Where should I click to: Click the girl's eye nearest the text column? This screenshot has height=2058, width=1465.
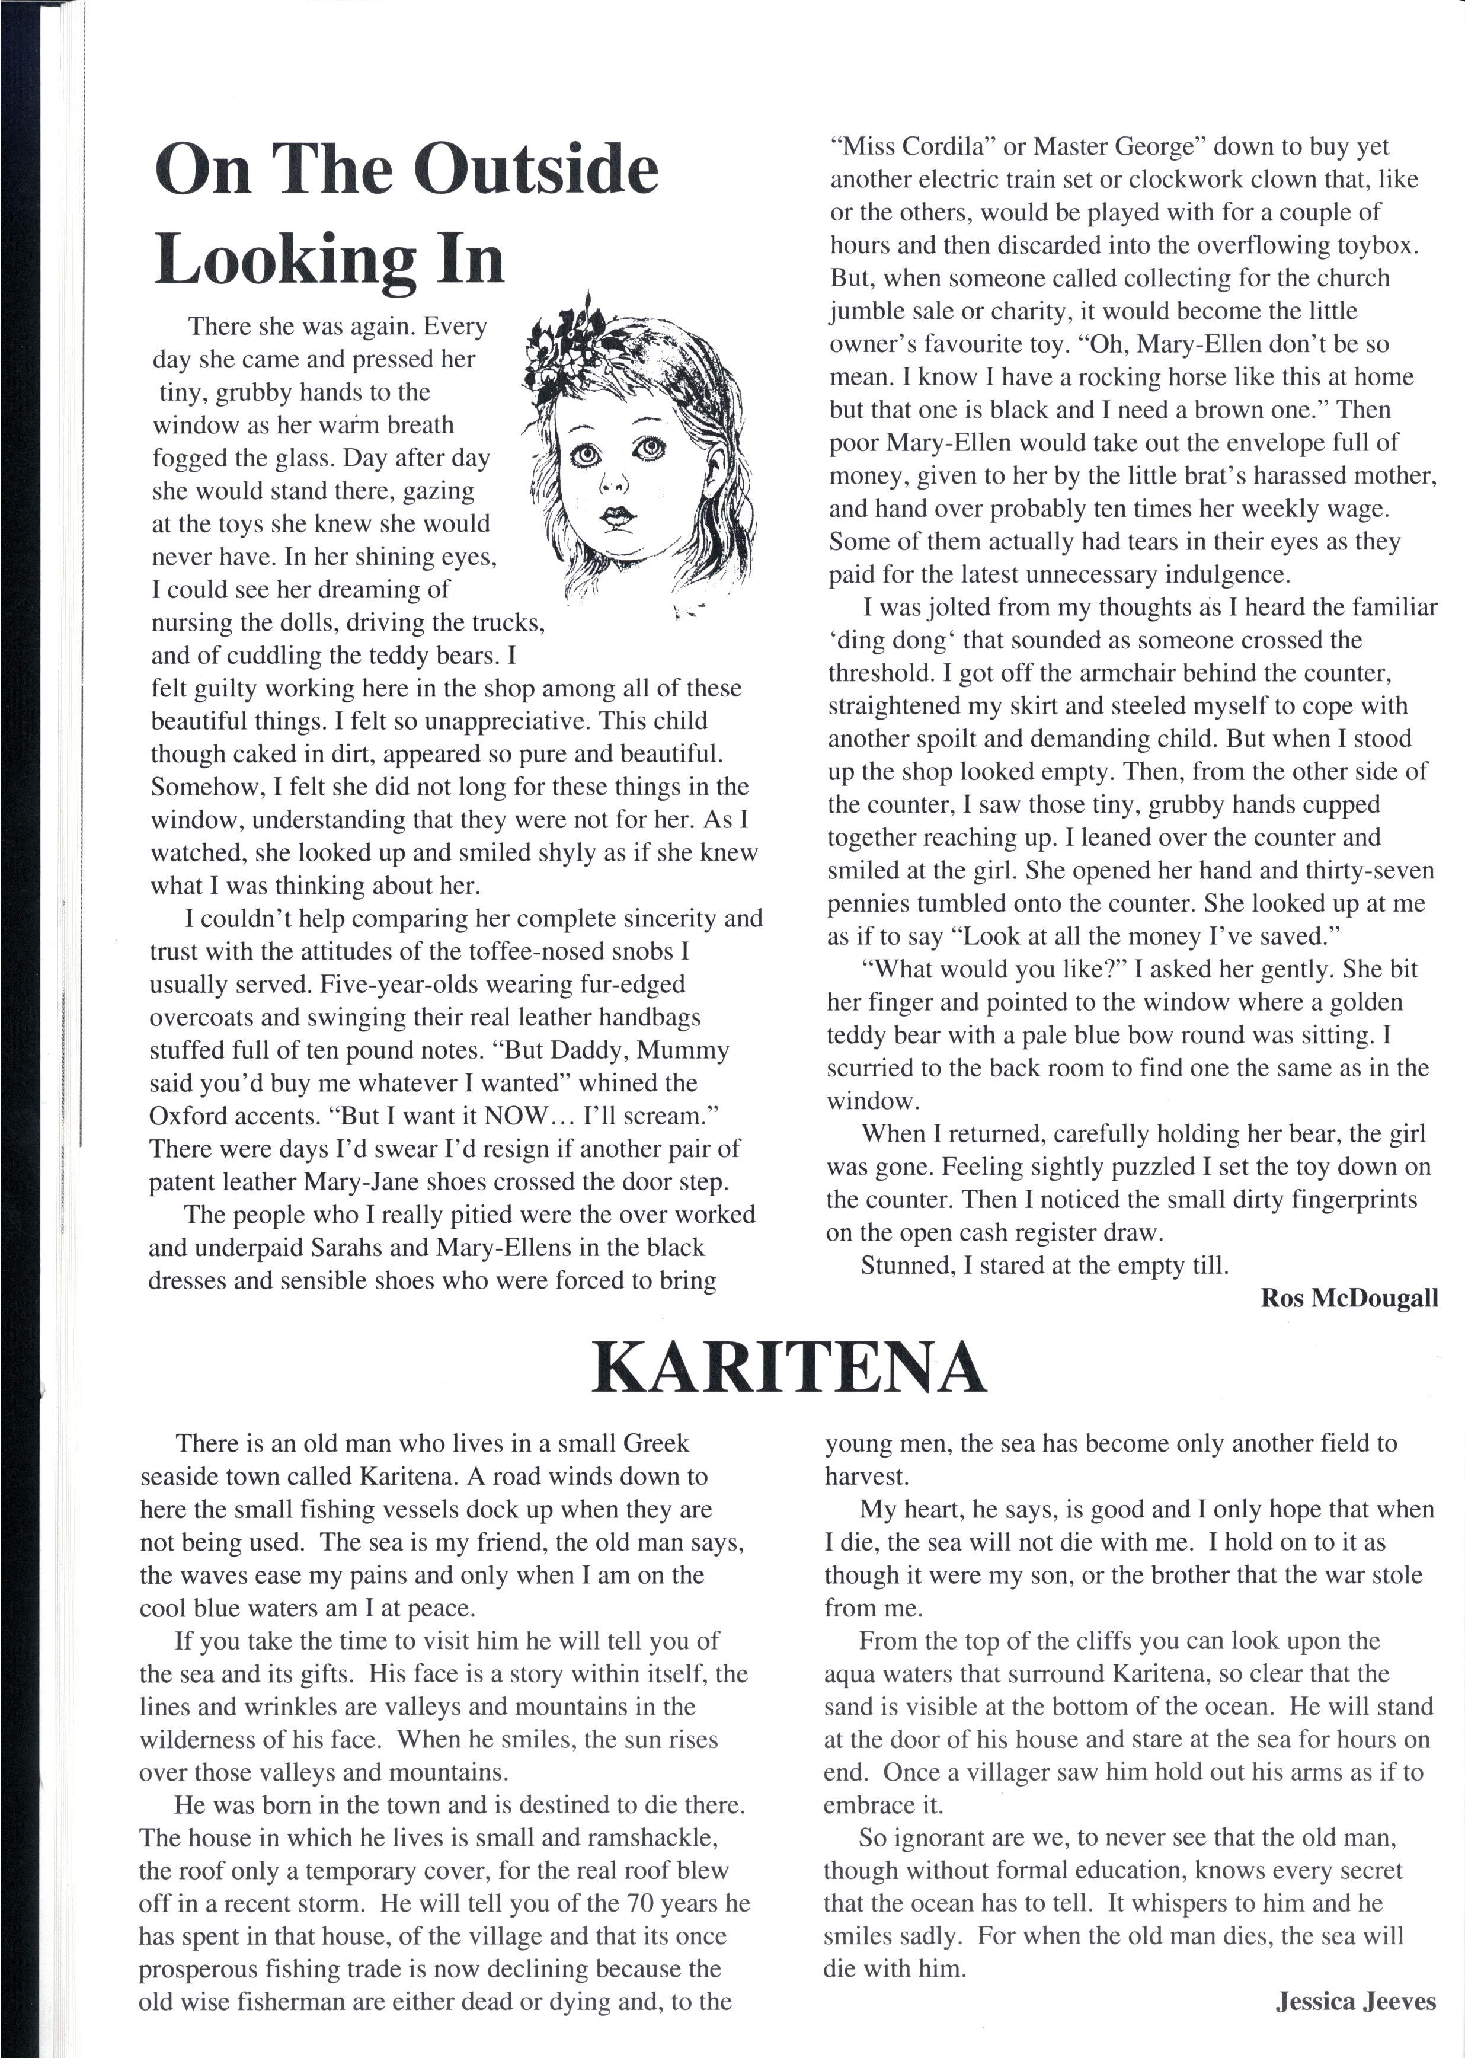(x=587, y=456)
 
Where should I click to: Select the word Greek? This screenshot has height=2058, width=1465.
(x=655, y=1443)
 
